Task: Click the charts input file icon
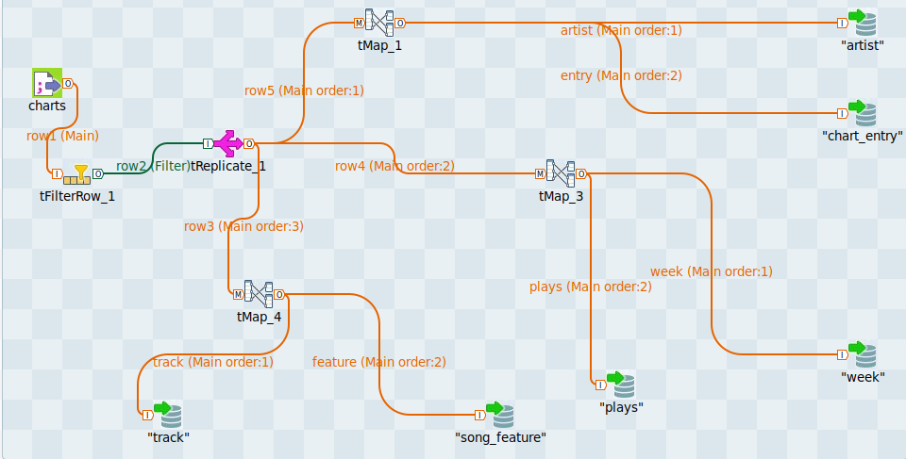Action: (x=46, y=84)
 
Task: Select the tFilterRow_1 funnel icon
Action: (x=81, y=173)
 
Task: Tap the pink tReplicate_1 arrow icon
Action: (x=227, y=144)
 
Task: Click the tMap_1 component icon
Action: (x=379, y=23)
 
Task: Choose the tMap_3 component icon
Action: (x=561, y=173)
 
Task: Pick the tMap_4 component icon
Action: (x=259, y=294)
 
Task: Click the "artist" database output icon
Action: (x=862, y=22)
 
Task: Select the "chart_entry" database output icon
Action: (x=862, y=112)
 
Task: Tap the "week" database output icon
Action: (x=862, y=354)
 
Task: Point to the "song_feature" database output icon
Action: (x=499, y=414)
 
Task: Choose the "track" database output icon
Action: (x=167, y=414)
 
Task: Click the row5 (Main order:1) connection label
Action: (x=304, y=90)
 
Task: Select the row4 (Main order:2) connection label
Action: (x=394, y=166)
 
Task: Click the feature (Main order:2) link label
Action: (x=379, y=362)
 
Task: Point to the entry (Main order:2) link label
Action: (x=621, y=75)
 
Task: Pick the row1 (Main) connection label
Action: (x=62, y=136)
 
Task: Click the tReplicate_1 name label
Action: (x=228, y=167)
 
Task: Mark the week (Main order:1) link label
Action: (x=712, y=271)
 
